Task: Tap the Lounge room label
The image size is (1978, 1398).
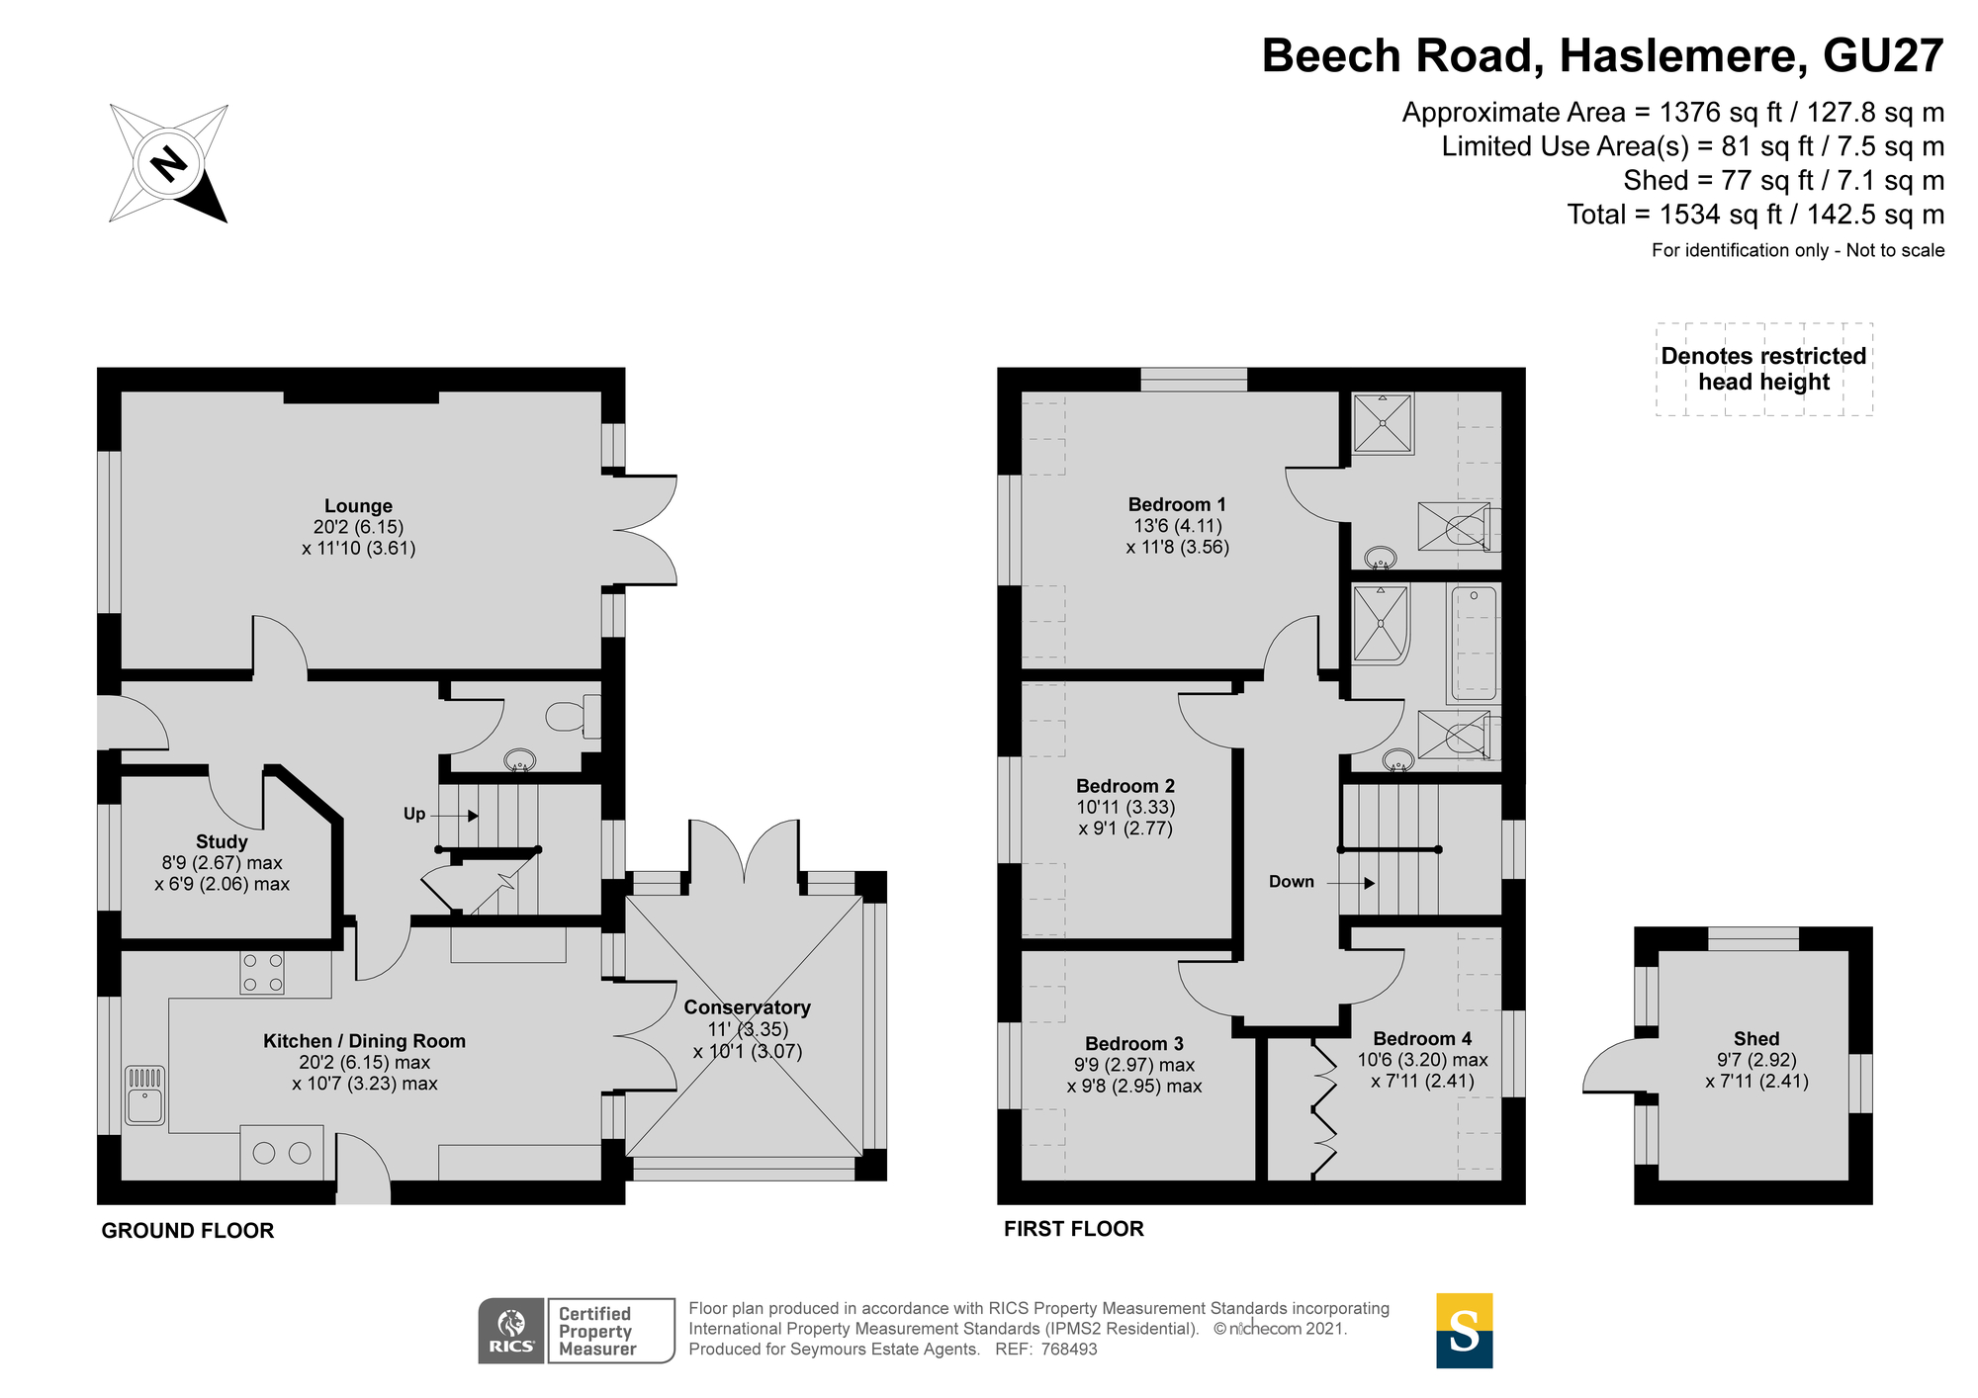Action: tap(358, 506)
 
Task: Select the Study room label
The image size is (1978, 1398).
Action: tap(222, 841)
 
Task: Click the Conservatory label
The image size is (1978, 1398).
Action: tap(748, 1007)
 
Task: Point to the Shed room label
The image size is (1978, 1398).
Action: tap(1756, 1038)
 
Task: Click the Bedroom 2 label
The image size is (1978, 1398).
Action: tap(1125, 786)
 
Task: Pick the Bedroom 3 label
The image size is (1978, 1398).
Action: tap(1134, 1043)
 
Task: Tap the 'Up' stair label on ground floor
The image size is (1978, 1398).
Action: tap(414, 814)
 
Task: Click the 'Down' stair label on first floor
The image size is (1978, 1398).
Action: tap(1292, 882)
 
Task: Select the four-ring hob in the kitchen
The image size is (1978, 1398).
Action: tap(262, 972)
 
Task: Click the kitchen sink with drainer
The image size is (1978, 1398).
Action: tap(145, 1094)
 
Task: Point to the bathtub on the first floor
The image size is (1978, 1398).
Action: tap(1475, 643)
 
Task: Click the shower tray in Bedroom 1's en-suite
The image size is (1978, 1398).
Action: tap(1383, 423)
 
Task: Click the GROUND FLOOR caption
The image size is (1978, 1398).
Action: tap(188, 1231)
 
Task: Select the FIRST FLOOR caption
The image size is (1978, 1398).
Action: tap(1074, 1229)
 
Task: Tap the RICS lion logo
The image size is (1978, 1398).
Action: tap(511, 1331)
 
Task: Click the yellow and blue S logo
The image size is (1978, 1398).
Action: tap(1465, 1331)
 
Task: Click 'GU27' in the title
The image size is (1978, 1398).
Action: tap(1884, 55)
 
